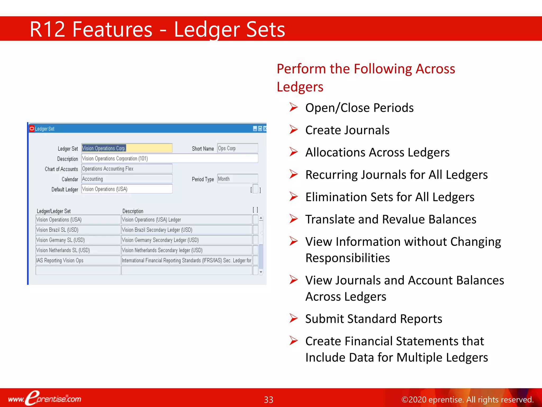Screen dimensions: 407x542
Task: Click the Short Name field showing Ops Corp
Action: click(x=237, y=148)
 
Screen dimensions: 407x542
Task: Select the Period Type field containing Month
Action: click(x=237, y=179)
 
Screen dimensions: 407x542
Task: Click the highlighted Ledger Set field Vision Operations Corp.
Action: click(x=127, y=148)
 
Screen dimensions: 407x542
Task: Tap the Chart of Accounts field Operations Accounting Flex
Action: click(x=127, y=169)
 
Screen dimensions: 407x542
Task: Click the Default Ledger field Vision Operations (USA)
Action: click(x=127, y=189)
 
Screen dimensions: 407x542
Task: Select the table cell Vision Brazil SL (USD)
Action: click(x=78, y=230)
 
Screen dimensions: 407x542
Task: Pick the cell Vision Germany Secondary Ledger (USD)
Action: click(x=186, y=240)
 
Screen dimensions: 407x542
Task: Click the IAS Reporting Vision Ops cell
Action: click(x=78, y=260)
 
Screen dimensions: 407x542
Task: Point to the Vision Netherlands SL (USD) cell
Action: click(x=78, y=250)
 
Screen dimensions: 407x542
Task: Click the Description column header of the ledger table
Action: click(x=133, y=211)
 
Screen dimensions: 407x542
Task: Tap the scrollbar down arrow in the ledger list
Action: click(x=261, y=272)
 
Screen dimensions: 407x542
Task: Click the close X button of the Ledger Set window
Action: click(x=265, y=129)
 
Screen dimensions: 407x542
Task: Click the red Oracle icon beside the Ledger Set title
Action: click(x=32, y=129)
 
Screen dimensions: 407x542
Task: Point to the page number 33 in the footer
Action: click(x=269, y=400)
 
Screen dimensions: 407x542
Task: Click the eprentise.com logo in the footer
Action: click(x=45, y=398)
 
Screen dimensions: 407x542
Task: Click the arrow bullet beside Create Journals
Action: click(x=293, y=130)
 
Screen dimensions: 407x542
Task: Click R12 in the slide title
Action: click(x=47, y=29)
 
